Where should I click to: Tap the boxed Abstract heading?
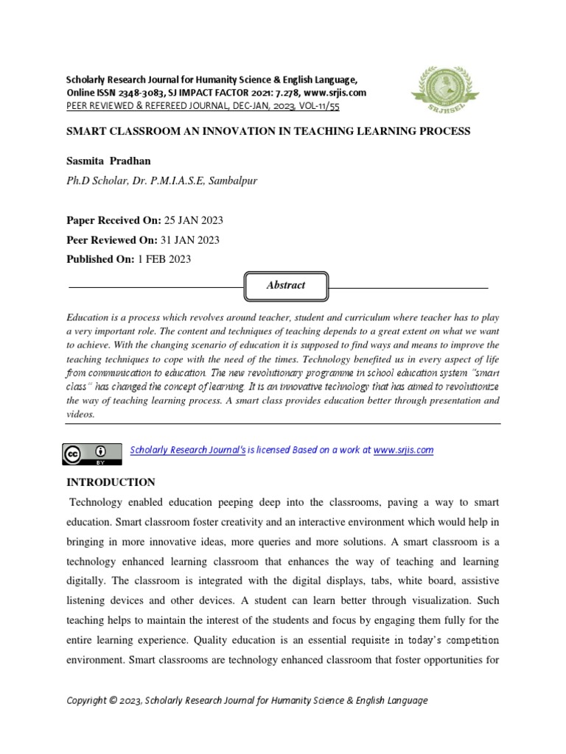point(285,286)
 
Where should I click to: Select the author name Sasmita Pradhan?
point(111,161)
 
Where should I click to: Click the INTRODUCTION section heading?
point(111,482)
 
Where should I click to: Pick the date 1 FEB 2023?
point(164,259)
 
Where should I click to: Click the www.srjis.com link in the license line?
point(403,450)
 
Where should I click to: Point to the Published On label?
point(99,259)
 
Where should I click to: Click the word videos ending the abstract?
point(80,415)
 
